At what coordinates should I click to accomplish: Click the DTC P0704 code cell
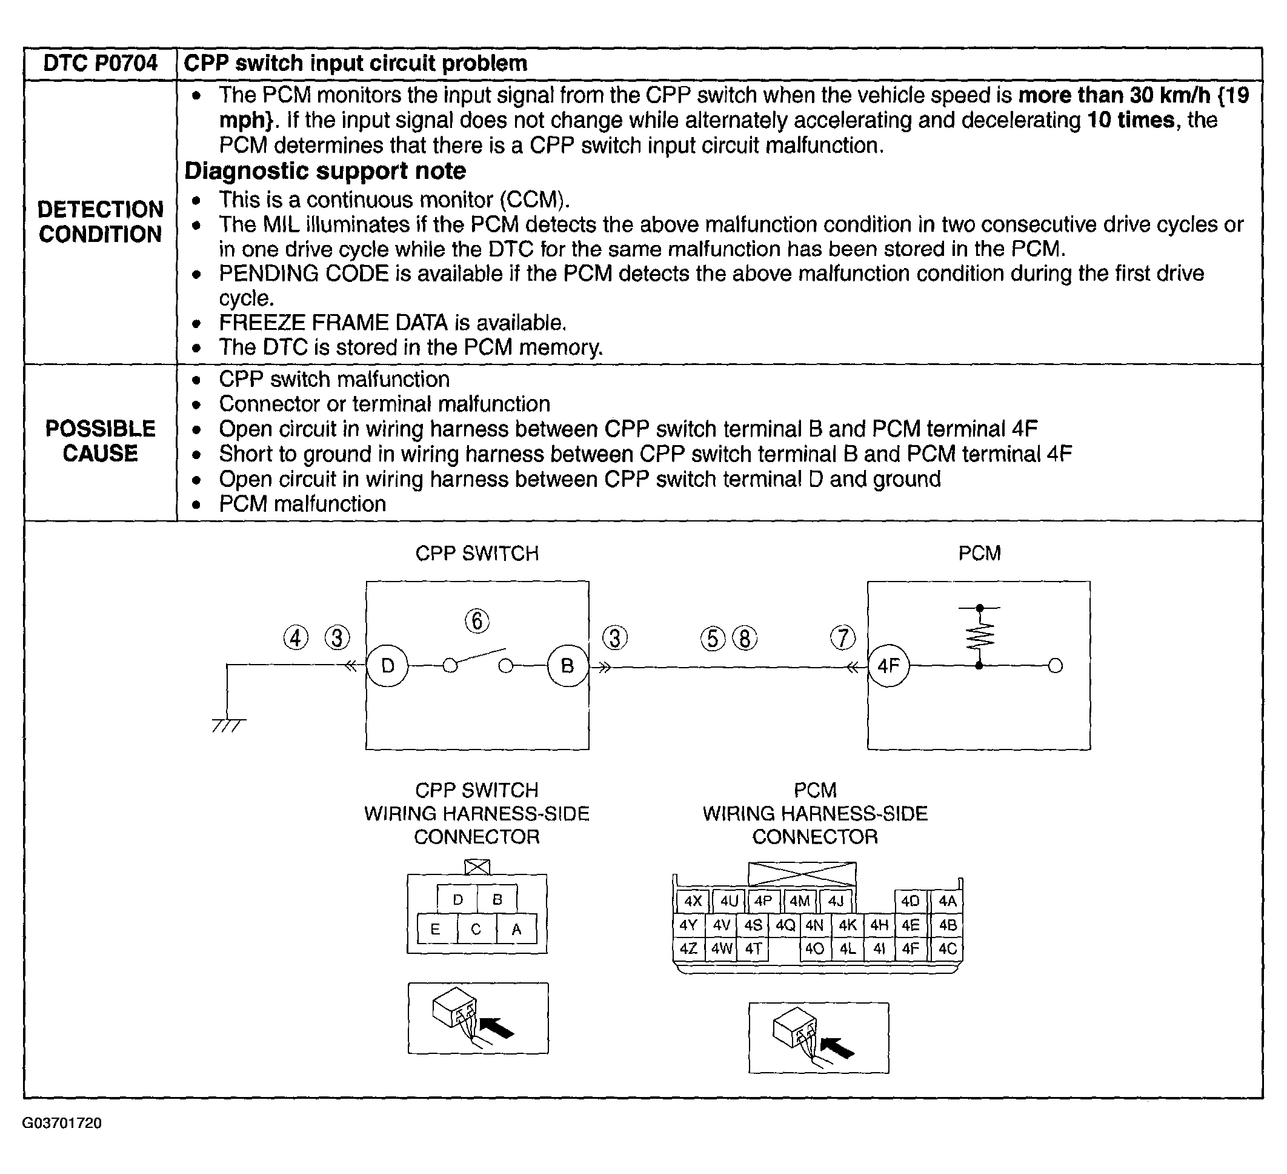100,63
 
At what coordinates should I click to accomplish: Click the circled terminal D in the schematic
388,666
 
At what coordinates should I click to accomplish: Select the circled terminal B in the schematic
567,666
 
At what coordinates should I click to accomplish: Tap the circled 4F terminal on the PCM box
888,666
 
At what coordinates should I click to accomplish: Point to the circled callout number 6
477,621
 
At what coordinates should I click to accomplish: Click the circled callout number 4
296,637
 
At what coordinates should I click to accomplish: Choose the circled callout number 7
843,637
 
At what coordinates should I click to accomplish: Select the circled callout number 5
713,639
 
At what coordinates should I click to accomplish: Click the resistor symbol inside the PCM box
980,636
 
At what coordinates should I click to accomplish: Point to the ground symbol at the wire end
228,725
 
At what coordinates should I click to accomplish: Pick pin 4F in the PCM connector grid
910,948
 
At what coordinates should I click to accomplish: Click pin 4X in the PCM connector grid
693,901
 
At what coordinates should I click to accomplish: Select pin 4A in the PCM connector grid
948,901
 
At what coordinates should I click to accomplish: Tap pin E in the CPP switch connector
436,930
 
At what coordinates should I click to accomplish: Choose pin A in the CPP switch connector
516,930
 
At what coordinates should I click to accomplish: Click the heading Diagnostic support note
325,171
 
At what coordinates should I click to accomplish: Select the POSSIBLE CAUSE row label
100,441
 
